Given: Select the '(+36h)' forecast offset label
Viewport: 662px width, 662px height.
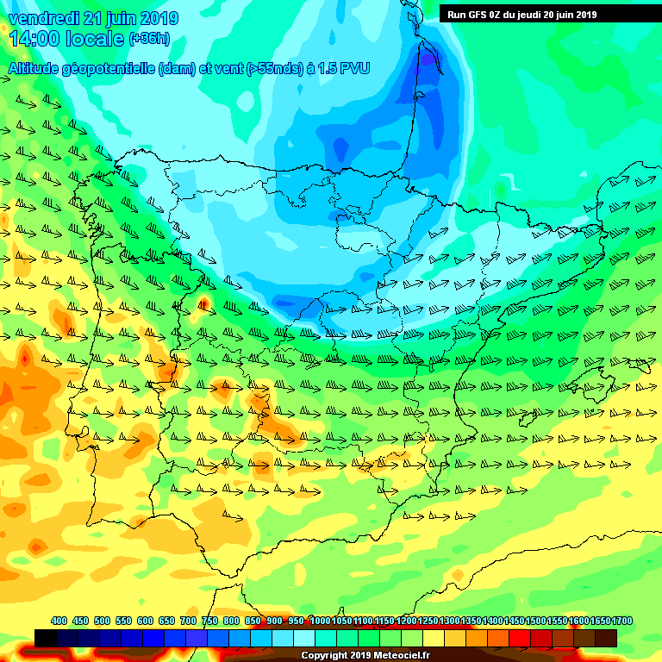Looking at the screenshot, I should coord(150,39).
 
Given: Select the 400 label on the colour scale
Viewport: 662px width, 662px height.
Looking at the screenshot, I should coord(59,621).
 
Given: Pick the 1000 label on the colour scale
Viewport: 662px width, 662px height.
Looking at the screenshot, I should coord(320,621).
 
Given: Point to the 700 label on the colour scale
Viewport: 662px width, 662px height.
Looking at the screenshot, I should coord(188,621).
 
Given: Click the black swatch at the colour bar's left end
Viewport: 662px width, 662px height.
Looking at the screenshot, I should coord(46,638).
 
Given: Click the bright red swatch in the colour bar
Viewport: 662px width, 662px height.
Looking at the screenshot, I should coord(520,638).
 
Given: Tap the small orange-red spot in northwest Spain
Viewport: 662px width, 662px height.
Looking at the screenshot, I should coord(204,303).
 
